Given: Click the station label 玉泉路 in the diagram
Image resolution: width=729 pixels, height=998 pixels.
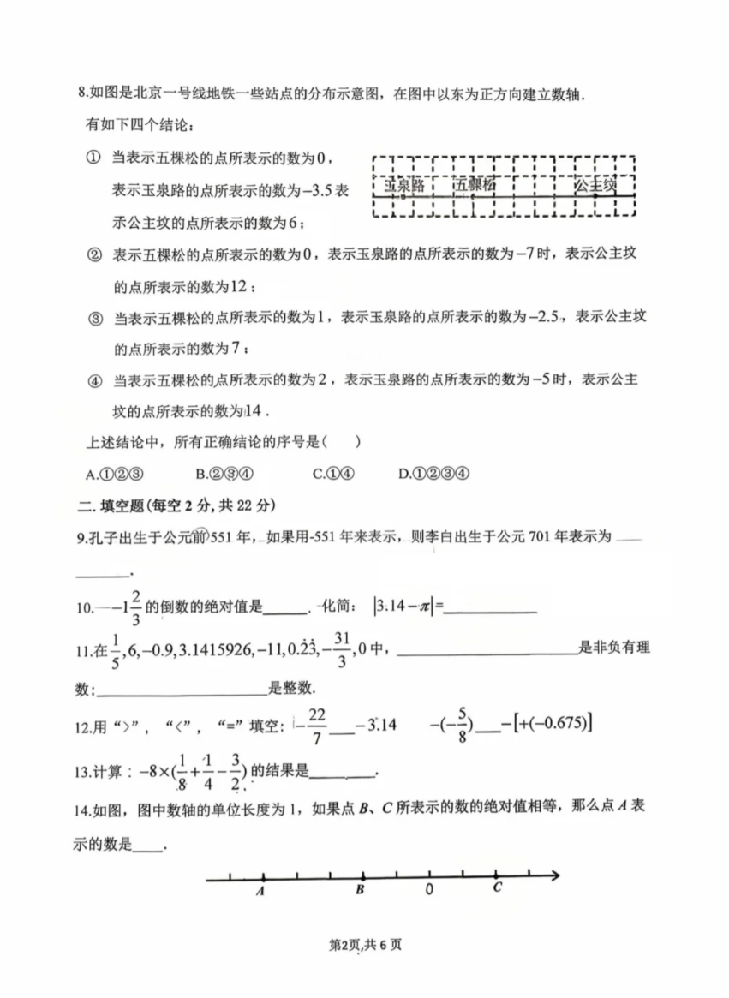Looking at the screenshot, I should pos(404,184).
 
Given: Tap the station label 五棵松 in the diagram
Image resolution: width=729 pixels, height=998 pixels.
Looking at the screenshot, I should pos(475,184).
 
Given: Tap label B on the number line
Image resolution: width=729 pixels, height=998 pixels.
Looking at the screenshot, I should pos(361,890).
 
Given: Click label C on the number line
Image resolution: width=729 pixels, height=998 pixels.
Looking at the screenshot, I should pos(497,888).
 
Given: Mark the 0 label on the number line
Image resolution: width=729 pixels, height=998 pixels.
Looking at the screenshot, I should pos(429,890).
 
